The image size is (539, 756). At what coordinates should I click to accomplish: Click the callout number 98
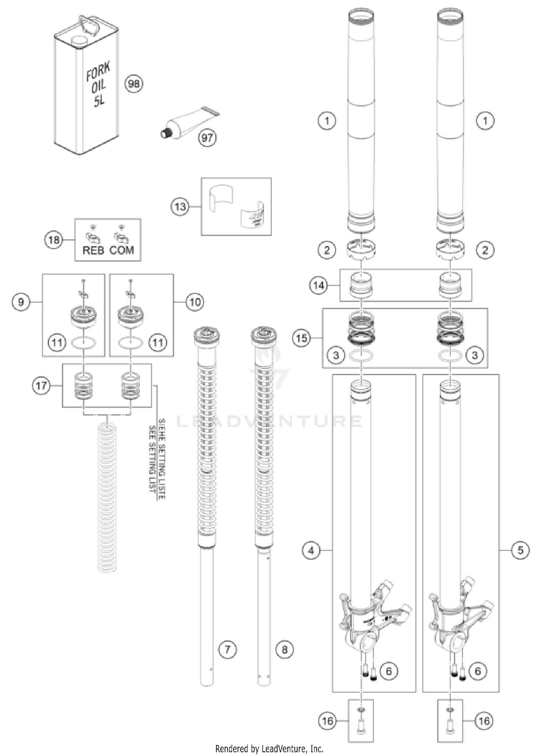click(134, 84)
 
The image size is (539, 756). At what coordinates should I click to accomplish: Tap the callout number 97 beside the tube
click(207, 138)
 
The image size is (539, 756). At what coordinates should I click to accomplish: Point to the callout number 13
click(180, 207)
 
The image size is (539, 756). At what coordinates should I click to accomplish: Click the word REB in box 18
click(93, 250)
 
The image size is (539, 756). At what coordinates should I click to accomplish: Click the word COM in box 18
click(121, 250)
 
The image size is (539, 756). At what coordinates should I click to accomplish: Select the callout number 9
click(21, 302)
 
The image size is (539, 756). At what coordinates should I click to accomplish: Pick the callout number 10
click(195, 302)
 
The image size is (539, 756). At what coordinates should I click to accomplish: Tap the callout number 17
click(41, 386)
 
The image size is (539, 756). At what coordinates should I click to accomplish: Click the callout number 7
click(227, 649)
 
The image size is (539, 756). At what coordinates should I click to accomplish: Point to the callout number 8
click(284, 649)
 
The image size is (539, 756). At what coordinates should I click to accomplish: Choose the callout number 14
click(319, 286)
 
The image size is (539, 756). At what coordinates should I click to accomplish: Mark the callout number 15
click(302, 338)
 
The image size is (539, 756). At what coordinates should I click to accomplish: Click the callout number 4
click(311, 550)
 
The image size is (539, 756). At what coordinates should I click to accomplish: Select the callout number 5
click(520, 550)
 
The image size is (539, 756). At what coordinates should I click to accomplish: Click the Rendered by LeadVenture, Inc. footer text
click(269, 749)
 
